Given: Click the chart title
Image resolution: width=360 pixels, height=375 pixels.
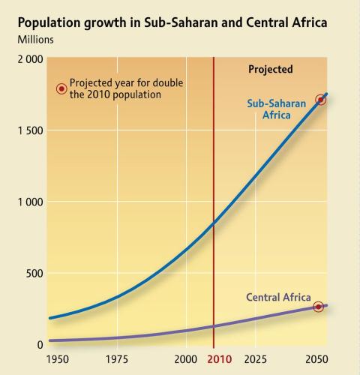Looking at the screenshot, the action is pyautogui.click(x=172, y=22).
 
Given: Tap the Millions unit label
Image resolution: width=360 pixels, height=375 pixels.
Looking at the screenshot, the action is pyautogui.click(x=35, y=40).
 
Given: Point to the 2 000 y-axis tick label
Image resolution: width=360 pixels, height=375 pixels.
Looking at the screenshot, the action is pyautogui.click(x=30, y=59).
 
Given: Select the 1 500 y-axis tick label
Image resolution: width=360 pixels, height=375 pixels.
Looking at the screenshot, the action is pyautogui.click(x=30, y=130).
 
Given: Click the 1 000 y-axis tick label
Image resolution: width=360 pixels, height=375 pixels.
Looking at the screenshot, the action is pyautogui.click(x=30, y=202).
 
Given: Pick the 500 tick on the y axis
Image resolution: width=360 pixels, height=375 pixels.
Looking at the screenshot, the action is pyautogui.click(x=34, y=273).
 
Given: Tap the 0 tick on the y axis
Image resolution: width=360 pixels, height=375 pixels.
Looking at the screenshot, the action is pyautogui.click(x=40, y=345).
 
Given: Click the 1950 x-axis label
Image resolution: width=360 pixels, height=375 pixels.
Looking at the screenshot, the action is pyautogui.click(x=58, y=359).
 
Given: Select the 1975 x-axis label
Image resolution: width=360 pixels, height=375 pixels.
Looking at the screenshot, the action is pyautogui.click(x=117, y=359).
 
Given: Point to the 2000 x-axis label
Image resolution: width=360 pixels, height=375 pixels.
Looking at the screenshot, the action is pyautogui.click(x=185, y=359).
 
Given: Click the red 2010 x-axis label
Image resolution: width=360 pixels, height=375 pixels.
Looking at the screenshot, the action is pyautogui.click(x=220, y=359).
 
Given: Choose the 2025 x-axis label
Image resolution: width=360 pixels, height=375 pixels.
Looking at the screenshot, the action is pyautogui.click(x=255, y=359).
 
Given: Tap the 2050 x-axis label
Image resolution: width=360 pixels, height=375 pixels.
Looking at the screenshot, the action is pyautogui.click(x=316, y=359).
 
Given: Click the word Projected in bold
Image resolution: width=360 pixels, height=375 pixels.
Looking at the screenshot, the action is pyautogui.click(x=271, y=70).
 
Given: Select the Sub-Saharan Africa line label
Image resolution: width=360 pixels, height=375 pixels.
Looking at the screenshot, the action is pyautogui.click(x=277, y=109).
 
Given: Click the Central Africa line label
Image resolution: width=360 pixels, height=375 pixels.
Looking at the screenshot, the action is pyautogui.click(x=278, y=297).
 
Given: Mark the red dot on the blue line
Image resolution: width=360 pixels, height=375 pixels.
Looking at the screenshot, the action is pyautogui.click(x=320, y=100).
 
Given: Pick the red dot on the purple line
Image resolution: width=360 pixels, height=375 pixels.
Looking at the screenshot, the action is pyautogui.click(x=318, y=307).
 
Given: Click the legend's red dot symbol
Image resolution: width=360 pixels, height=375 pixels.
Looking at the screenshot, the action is pyautogui.click(x=61, y=88).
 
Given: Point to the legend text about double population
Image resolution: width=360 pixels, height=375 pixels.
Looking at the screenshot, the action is pyautogui.click(x=126, y=88).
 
